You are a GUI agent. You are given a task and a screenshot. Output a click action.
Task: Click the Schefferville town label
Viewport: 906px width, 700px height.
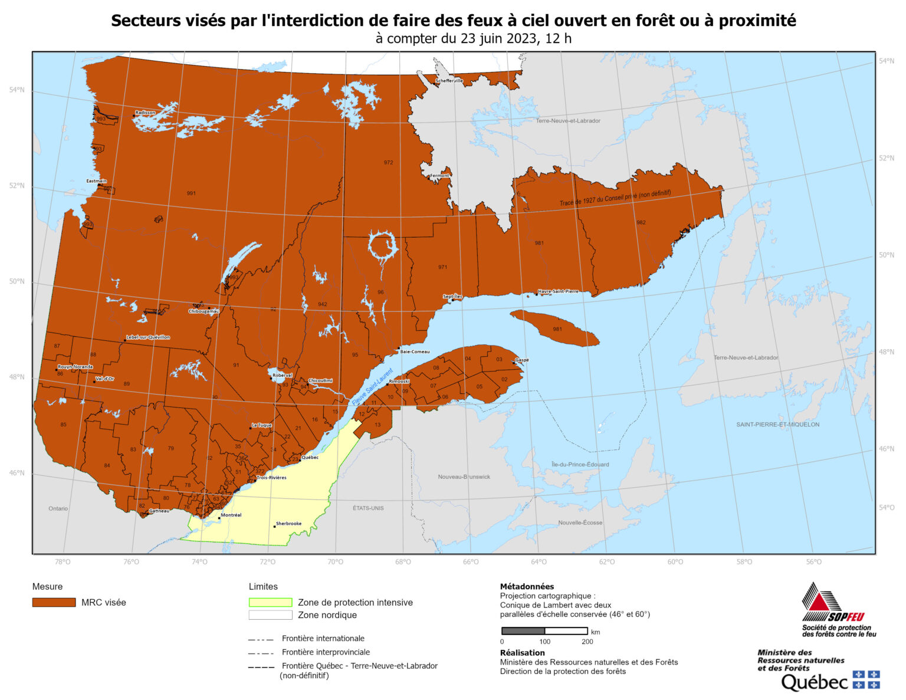tap(449, 81)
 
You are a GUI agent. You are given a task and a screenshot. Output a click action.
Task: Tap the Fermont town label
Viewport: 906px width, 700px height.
tap(439, 176)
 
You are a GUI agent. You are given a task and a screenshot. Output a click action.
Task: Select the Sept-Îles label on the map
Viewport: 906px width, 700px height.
tap(453, 296)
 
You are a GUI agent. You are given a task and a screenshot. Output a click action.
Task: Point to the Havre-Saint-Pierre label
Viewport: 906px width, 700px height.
tap(558, 291)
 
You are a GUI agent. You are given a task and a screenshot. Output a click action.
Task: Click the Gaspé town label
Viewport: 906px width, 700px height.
tap(522, 360)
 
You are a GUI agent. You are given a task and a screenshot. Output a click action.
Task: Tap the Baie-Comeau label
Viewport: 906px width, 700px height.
tap(415, 351)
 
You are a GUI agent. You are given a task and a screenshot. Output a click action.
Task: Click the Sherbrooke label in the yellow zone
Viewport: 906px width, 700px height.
tap(288, 523)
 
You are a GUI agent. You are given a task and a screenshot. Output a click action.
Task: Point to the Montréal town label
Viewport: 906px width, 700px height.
tap(231, 515)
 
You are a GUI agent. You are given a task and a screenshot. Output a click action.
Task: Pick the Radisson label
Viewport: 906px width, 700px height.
tap(145, 113)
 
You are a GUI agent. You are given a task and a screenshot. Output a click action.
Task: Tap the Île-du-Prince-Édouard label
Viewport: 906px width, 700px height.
tap(580, 464)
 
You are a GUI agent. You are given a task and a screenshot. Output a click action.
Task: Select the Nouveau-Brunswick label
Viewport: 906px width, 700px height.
tap(464, 476)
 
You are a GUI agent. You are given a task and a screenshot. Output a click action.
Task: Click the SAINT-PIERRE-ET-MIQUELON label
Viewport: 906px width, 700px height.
tap(777, 425)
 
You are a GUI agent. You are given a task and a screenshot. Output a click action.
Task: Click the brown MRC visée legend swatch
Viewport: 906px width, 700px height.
tap(54, 602)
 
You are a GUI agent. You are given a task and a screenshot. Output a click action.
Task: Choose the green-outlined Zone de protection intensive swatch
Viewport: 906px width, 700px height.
tap(270, 602)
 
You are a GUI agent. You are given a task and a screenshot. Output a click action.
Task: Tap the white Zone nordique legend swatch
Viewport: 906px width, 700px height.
tap(270, 615)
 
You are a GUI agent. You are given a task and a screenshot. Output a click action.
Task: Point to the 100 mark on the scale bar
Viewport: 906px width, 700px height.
tap(544, 642)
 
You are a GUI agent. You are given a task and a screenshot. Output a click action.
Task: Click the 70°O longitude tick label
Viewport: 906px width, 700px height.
tap(335, 562)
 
